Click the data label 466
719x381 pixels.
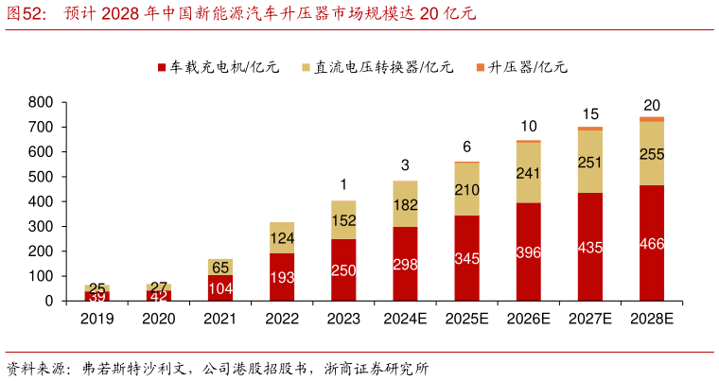pyautogui.click(x=652, y=244)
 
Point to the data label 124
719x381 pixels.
pyautogui.click(x=282, y=237)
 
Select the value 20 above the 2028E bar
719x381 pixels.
pyautogui.click(x=652, y=105)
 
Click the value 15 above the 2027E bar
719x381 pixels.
pyautogui.click(x=590, y=113)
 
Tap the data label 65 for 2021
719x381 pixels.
pyautogui.click(x=220, y=267)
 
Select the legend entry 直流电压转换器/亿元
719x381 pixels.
pyautogui.click(x=377, y=68)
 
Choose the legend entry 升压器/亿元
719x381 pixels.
pyautogui.click(x=521, y=68)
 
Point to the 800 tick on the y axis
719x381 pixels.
pyautogui.click(x=41, y=102)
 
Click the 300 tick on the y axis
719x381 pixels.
pyautogui.click(x=41, y=227)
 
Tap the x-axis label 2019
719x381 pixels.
pyautogui.click(x=96, y=320)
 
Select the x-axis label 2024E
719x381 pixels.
pyautogui.click(x=405, y=320)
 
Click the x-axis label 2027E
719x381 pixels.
pyautogui.click(x=590, y=320)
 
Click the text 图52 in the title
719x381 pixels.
pyautogui.click(x=26, y=14)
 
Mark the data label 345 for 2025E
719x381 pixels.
pyautogui.click(x=466, y=257)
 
